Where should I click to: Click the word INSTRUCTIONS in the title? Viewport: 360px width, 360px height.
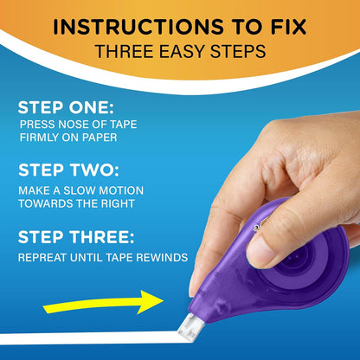[122, 27]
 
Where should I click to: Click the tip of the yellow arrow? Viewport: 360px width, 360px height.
[164, 300]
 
